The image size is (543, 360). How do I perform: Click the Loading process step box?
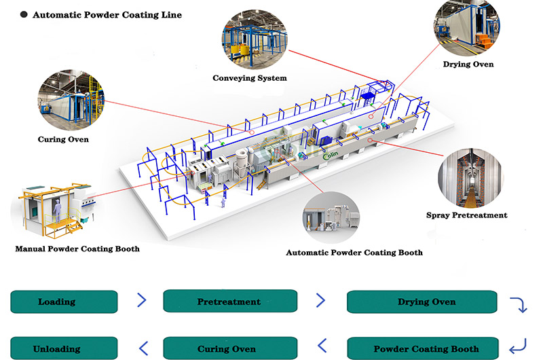point(64,301)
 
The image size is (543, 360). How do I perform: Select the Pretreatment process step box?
point(229,301)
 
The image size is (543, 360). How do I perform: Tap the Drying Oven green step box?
point(426,301)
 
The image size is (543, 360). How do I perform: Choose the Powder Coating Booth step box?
point(426,348)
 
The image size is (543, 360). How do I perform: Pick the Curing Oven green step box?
point(229,348)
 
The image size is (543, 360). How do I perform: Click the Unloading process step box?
point(64,348)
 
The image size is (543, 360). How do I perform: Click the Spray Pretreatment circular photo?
point(470,173)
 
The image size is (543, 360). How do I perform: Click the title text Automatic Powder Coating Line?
point(107,14)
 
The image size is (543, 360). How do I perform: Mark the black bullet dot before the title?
point(23,14)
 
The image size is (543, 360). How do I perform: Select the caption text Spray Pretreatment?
point(466,215)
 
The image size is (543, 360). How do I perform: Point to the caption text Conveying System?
point(250,78)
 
